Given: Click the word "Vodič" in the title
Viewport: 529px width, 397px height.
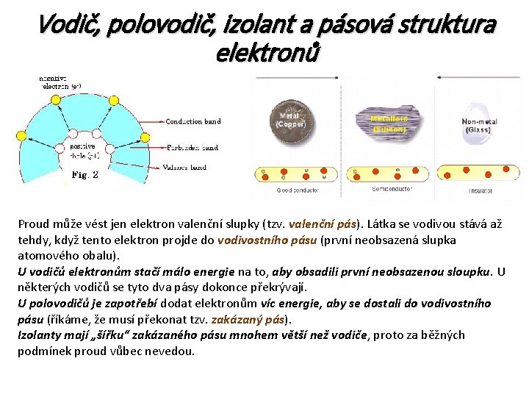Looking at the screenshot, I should point(68,26).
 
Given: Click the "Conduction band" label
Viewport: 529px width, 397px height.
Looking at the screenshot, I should point(193,122).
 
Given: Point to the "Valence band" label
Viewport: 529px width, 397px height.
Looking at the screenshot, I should point(184,168).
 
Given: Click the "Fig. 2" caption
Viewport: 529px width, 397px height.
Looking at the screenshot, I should point(85,175).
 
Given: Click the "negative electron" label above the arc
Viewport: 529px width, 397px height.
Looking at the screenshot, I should point(60,81).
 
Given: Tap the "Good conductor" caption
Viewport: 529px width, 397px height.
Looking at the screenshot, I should point(298,190).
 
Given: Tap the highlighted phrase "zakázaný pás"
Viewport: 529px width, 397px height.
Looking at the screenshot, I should point(250,320).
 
